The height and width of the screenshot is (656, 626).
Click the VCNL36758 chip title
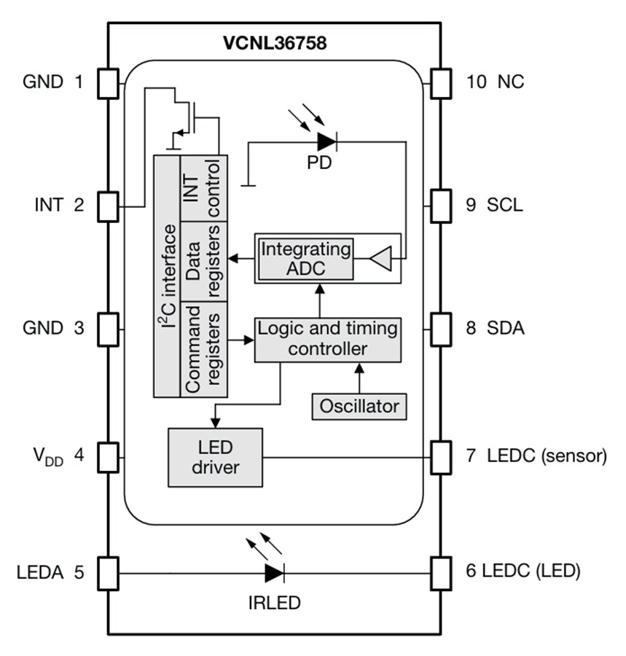[274, 42]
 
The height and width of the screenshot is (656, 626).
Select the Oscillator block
[359, 405]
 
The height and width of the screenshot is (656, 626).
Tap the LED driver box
[215, 457]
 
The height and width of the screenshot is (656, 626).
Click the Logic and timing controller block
[327, 339]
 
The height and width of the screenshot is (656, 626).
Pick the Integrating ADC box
[306, 258]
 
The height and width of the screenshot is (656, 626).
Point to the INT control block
[203, 187]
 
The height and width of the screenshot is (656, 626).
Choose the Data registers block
[203, 260]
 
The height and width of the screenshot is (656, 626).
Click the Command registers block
[203, 348]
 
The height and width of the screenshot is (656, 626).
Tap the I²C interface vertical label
[167, 277]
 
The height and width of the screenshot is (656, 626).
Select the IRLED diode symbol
[274, 572]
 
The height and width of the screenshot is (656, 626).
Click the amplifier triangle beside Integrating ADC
[381, 257]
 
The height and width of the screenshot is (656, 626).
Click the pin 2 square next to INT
[108, 206]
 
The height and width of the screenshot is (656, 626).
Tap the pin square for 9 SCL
[441, 206]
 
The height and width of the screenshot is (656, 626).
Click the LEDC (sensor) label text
[547, 457]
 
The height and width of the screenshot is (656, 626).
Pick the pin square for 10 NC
[441, 82]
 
